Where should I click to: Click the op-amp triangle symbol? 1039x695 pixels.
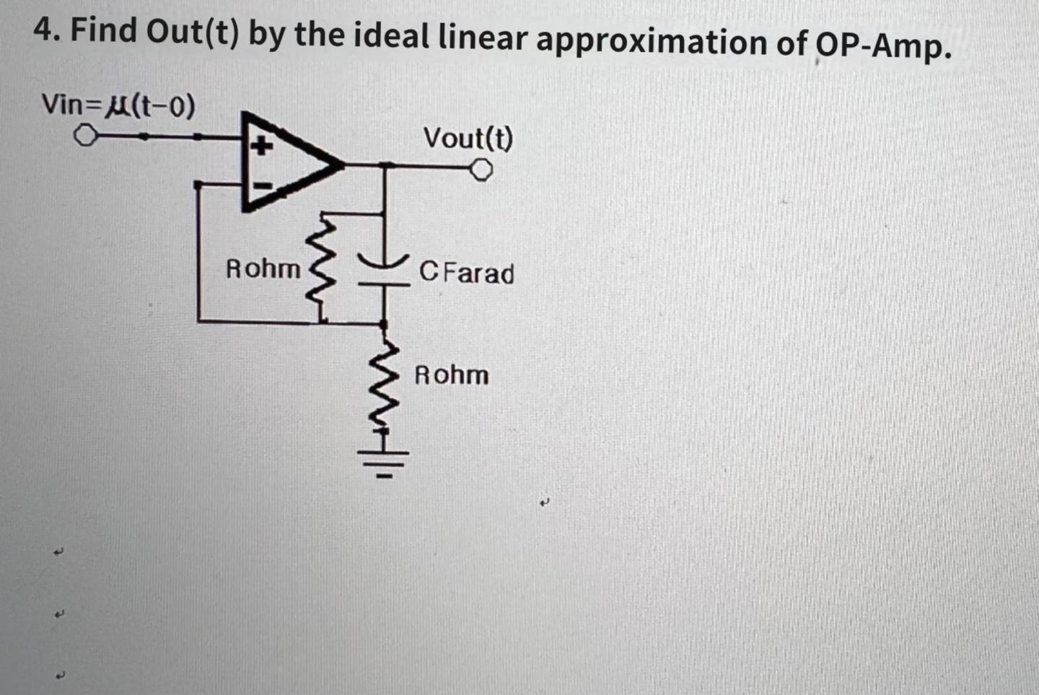tap(285, 162)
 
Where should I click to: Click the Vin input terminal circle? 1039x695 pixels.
tap(86, 136)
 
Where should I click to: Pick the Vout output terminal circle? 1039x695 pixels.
tap(481, 170)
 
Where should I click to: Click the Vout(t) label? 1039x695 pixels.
tap(468, 138)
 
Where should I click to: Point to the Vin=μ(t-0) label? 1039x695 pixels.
tap(118, 105)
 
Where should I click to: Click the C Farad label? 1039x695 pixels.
tap(467, 274)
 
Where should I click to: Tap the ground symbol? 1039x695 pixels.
tap(385, 460)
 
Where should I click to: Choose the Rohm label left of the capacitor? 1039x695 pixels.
tap(263, 268)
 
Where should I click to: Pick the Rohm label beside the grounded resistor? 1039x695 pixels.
tap(451, 375)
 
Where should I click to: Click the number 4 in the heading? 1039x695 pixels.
tap(44, 31)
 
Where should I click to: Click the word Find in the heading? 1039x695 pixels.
tap(103, 30)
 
